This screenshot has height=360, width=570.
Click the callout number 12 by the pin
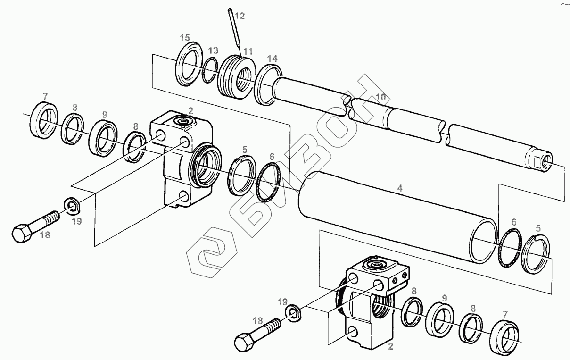239,16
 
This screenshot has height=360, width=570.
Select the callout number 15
185,38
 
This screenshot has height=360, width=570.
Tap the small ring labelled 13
210,70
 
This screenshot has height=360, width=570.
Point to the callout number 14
272,59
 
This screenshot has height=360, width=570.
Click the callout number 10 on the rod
380,97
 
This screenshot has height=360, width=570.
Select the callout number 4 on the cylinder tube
400,188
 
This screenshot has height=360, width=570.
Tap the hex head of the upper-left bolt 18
22,233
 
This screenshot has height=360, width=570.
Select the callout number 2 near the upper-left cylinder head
190,111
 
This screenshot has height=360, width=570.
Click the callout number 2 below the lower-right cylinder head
390,346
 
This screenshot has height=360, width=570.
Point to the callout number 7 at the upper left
45,97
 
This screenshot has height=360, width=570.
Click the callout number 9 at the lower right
444,298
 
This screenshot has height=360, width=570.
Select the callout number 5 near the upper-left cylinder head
245,150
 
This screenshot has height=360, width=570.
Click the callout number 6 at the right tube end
514,222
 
